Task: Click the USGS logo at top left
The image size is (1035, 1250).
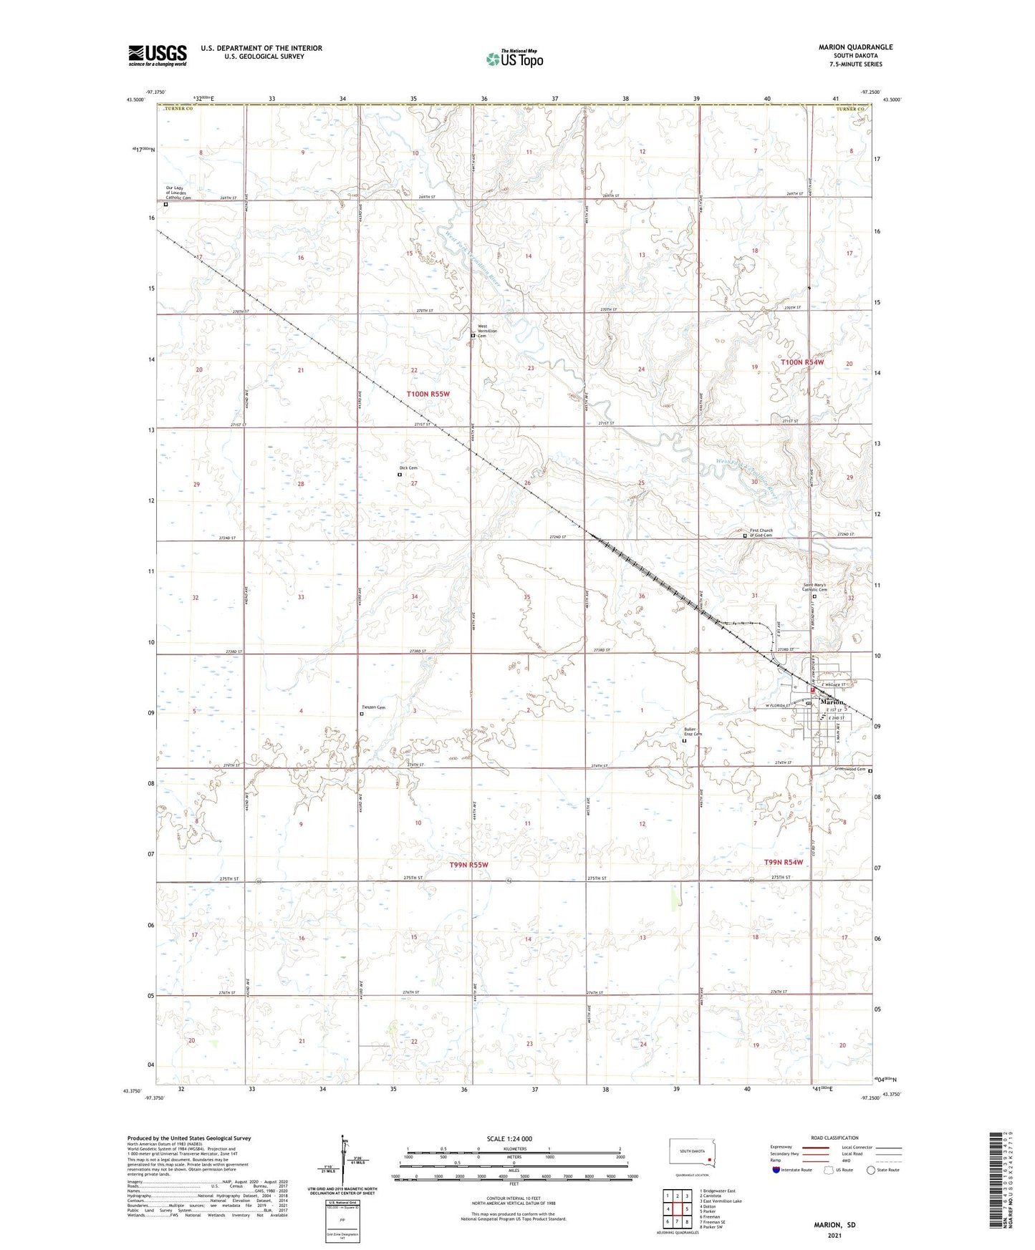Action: coord(158,54)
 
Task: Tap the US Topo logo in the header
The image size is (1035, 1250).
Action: coord(514,59)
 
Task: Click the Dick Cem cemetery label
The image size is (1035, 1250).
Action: coord(408,468)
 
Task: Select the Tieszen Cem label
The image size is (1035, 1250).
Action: coord(372,708)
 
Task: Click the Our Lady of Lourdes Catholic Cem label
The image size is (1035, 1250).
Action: coord(178,193)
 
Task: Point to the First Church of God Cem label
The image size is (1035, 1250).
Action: coord(761,533)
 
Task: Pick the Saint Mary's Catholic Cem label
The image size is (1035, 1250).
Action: coord(814,587)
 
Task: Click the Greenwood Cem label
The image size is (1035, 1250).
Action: coord(850,770)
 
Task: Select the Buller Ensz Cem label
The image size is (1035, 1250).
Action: coord(693,732)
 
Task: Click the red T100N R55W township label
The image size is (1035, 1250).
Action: coord(428,394)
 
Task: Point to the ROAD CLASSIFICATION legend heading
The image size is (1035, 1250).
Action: coord(835,1138)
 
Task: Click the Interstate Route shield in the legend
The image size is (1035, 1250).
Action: coord(777,1170)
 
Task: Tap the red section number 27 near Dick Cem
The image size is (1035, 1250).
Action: coord(414,484)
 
